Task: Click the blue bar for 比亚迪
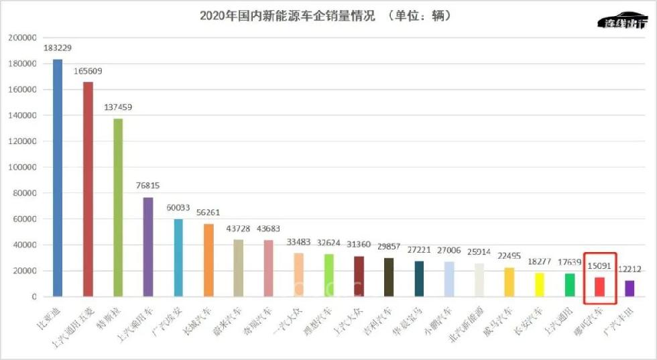click(58, 178)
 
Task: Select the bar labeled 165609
click(88, 189)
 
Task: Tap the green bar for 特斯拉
click(118, 207)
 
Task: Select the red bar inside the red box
click(600, 287)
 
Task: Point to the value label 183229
click(58, 48)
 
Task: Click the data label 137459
click(118, 107)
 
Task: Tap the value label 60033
click(178, 208)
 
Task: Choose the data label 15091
click(600, 266)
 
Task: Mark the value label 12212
click(630, 269)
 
